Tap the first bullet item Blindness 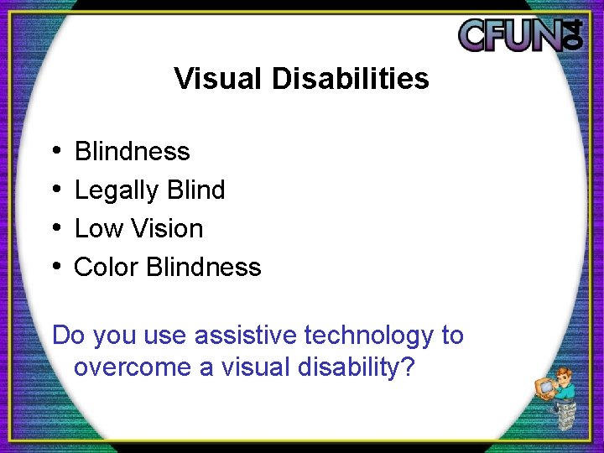pos(132,152)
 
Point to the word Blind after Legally pos(195,190)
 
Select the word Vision pos(164,229)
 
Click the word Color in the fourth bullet pos(106,268)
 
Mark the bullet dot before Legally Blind pos(55,190)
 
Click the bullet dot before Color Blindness pos(55,267)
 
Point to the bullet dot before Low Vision pos(55,228)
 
